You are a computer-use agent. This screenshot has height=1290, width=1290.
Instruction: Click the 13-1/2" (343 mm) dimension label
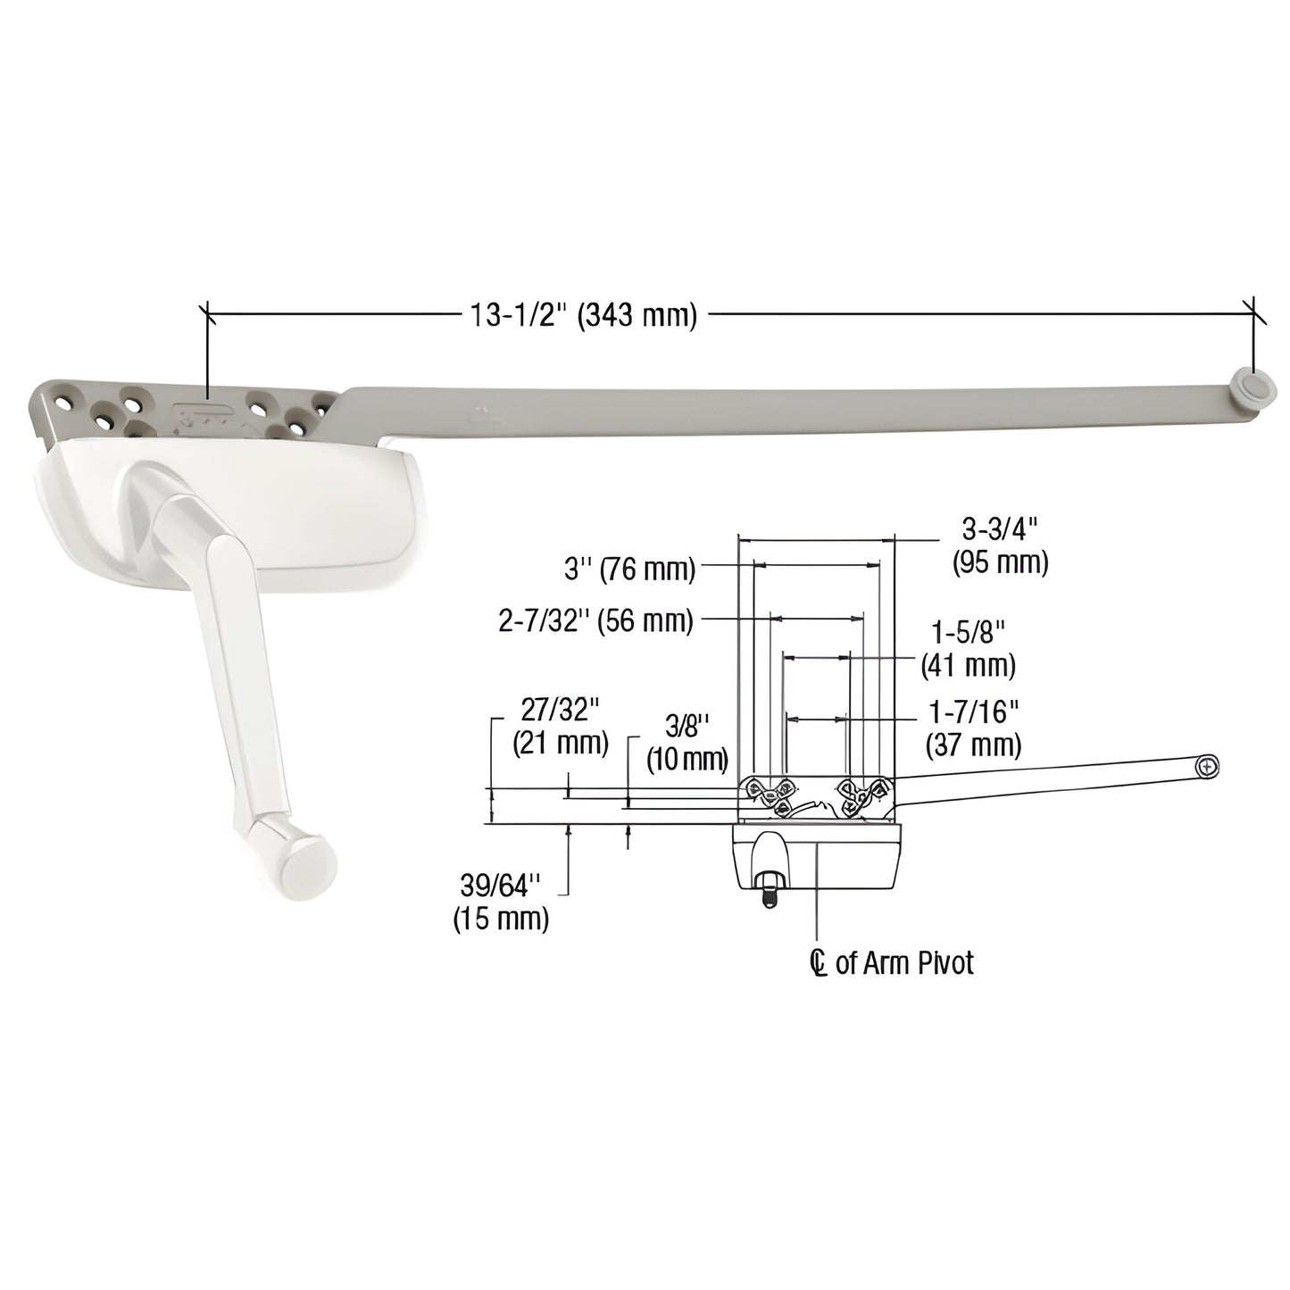(x=580, y=315)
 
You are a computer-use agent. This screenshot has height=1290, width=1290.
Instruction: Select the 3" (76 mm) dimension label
(x=629, y=569)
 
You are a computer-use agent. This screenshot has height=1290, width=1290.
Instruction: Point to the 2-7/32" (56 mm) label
(x=595, y=621)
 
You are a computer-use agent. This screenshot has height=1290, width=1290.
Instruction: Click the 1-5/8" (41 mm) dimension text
(x=968, y=649)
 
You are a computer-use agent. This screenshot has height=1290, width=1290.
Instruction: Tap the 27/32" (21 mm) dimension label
(x=561, y=727)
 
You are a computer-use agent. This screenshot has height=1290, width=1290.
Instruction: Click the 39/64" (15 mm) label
(x=503, y=903)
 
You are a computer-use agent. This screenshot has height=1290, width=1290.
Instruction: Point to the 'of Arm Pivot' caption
(x=904, y=963)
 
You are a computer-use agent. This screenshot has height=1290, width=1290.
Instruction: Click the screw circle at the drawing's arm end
(x=1208, y=766)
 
